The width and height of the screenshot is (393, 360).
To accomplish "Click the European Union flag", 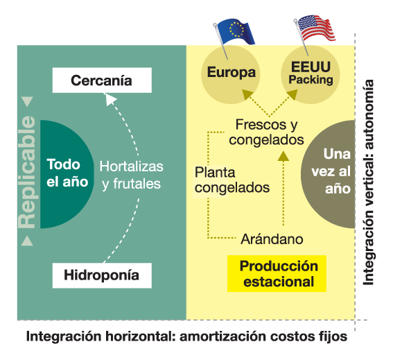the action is coord(236,31).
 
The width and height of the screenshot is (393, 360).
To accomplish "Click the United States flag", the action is coord(316,29).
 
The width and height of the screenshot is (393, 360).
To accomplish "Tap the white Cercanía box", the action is coord(102,80).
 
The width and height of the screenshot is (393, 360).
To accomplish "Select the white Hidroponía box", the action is coord(102,275).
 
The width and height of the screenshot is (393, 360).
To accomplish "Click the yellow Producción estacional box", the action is coord(277,274).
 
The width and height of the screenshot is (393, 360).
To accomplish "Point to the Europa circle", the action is coord(231,74).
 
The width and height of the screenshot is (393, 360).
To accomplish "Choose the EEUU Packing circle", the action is coord(311,74).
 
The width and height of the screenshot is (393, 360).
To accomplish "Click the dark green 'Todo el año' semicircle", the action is coord(67,174).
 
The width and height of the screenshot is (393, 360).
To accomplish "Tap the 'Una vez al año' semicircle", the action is coord(329,174).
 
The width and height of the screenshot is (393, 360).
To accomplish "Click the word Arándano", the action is coord(272,239).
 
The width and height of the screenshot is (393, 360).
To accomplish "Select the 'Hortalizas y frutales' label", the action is coord(131,175).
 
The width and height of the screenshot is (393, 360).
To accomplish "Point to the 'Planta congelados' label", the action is coord(232,180).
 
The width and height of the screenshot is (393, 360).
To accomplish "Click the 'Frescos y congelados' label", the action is coord(266,132).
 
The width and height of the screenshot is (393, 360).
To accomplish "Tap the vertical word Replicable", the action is coord(27,172).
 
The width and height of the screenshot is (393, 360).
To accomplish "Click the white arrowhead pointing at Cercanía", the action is coord(110,99).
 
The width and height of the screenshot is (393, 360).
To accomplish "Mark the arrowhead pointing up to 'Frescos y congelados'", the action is coord(283,156).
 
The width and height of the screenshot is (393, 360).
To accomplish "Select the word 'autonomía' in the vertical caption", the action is coord(369,114).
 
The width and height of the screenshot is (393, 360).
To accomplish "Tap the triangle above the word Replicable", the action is coord(27,101).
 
